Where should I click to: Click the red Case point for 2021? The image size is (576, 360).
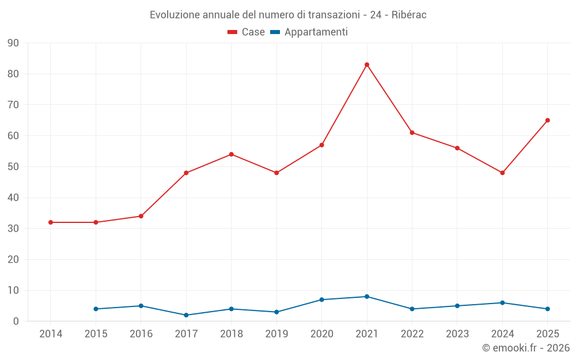click(366, 65)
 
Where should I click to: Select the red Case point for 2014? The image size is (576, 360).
click(51, 222)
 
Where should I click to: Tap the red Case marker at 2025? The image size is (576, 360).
click(547, 120)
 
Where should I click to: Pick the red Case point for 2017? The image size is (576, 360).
click(186, 173)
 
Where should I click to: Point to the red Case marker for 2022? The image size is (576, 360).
click(412, 132)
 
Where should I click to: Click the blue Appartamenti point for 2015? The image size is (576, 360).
click(96, 309)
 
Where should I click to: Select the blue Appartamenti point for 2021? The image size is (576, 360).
click(366, 297)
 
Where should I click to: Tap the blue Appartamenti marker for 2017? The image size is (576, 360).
click(186, 315)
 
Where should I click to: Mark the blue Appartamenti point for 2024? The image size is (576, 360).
click(502, 303)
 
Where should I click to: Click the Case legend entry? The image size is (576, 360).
click(246, 32)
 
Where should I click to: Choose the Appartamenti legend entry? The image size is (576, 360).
click(309, 32)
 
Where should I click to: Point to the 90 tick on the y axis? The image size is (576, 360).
click(13, 43)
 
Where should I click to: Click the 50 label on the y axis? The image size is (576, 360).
click(13, 167)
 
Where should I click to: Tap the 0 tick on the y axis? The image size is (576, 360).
click(16, 321)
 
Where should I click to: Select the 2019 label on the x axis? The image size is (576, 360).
click(276, 334)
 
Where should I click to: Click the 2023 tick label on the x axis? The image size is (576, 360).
click(457, 334)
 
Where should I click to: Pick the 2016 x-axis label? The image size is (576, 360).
click(141, 334)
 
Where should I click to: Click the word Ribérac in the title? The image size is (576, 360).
click(409, 15)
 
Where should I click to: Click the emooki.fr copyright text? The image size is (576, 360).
click(526, 347)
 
